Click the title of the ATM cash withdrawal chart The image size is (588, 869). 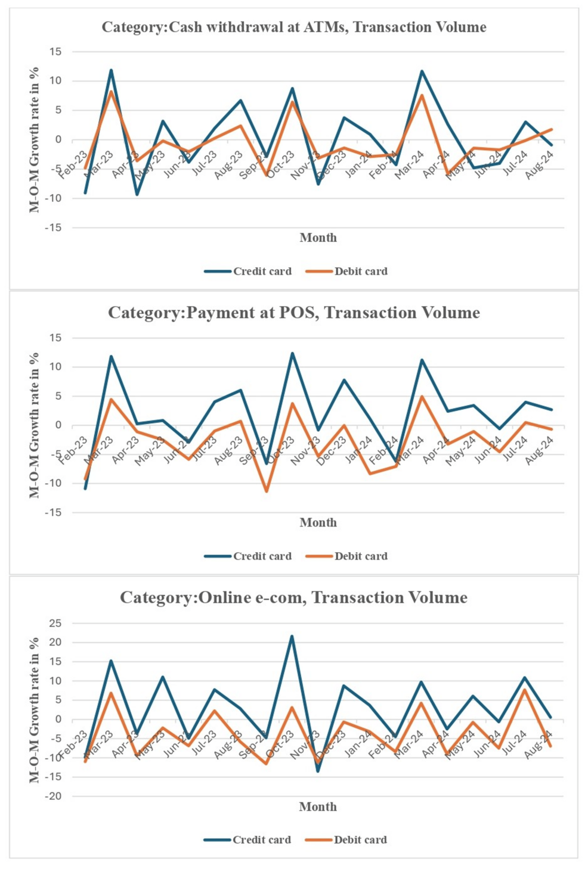[x=293, y=27]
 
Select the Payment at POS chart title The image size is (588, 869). [x=293, y=313]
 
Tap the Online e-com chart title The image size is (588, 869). [x=293, y=597]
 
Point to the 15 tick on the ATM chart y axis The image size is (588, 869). [x=55, y=52]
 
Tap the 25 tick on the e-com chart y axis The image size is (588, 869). [x=55, y=624]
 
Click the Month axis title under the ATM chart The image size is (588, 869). [x=318, y=238]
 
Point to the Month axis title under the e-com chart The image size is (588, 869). [x=318, y=807]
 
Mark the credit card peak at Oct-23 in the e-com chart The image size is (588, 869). [x=292, y=636]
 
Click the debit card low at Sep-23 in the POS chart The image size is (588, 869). [x=266, y=491]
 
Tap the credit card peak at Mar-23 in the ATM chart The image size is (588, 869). [x=111, y=70]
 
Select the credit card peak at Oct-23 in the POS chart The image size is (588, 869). [x=292, y=353]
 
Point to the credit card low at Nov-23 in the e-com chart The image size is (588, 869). [x=318, y=771]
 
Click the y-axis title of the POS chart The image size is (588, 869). [x=35, y=425]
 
